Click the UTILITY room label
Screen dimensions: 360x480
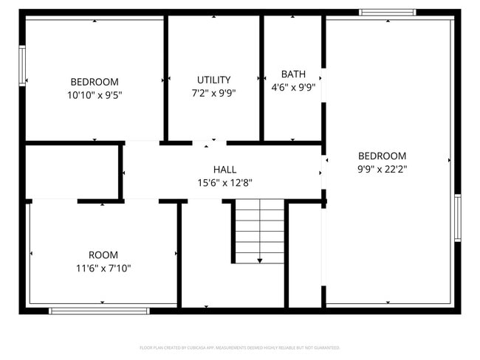[x=213, y=80]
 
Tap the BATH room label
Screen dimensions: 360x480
[x=293, y=74]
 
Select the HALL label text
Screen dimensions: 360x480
[x=225, y=170]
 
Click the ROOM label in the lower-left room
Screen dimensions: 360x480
[x=103, y=255]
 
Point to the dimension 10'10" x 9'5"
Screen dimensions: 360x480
[x=95, y=94]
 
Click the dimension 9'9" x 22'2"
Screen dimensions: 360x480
[x=382, y=168]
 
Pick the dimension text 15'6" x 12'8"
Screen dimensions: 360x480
[x=225, y=183]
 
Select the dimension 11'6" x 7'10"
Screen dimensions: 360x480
[x=103, y=269]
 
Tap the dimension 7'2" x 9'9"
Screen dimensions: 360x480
[x=213, y=93]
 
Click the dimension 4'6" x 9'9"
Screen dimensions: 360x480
[x=293, y=87]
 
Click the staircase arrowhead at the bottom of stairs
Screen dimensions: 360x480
[x=260, y=260]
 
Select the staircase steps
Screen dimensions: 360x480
[x=259, y=230]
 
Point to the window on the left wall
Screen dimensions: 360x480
[x=22, y=66]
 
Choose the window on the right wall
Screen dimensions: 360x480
[x=457, y=217]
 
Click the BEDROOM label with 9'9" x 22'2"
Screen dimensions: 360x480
[x=382, y=156]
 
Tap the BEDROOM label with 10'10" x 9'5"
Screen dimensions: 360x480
[x=95, y=82]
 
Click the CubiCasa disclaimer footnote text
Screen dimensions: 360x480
[x=239, y=347]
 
